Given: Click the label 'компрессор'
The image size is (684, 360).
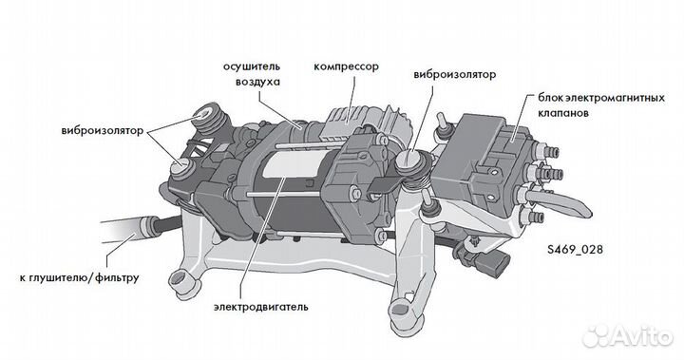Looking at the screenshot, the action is [x=346, y=67].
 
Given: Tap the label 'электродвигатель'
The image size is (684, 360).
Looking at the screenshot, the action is [x=261, y=307].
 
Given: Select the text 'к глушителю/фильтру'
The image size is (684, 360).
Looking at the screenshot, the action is [x=79, y=277].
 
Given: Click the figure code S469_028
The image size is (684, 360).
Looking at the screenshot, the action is [x=575, y=250].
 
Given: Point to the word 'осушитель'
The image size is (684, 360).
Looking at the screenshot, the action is [x=252, y=67].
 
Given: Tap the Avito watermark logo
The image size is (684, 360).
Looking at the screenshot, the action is [x=627, y=336].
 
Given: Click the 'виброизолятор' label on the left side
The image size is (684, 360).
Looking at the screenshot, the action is [x=103, y=131].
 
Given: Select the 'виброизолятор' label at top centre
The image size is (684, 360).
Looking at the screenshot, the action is [x=454, y=75].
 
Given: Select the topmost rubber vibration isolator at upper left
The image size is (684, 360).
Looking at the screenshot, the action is [x=208, y=117].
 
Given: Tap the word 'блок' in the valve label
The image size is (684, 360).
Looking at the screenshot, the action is [x=548, y=97].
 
